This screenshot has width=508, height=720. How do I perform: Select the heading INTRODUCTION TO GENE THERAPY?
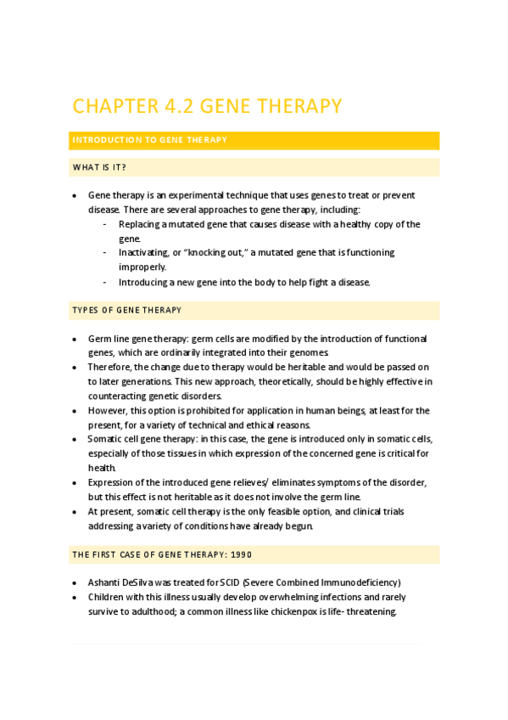(x=148, y=139)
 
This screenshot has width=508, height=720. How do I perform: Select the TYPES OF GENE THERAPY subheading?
(x=126, y=310)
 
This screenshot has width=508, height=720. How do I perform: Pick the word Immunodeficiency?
(x=354, y=582)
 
